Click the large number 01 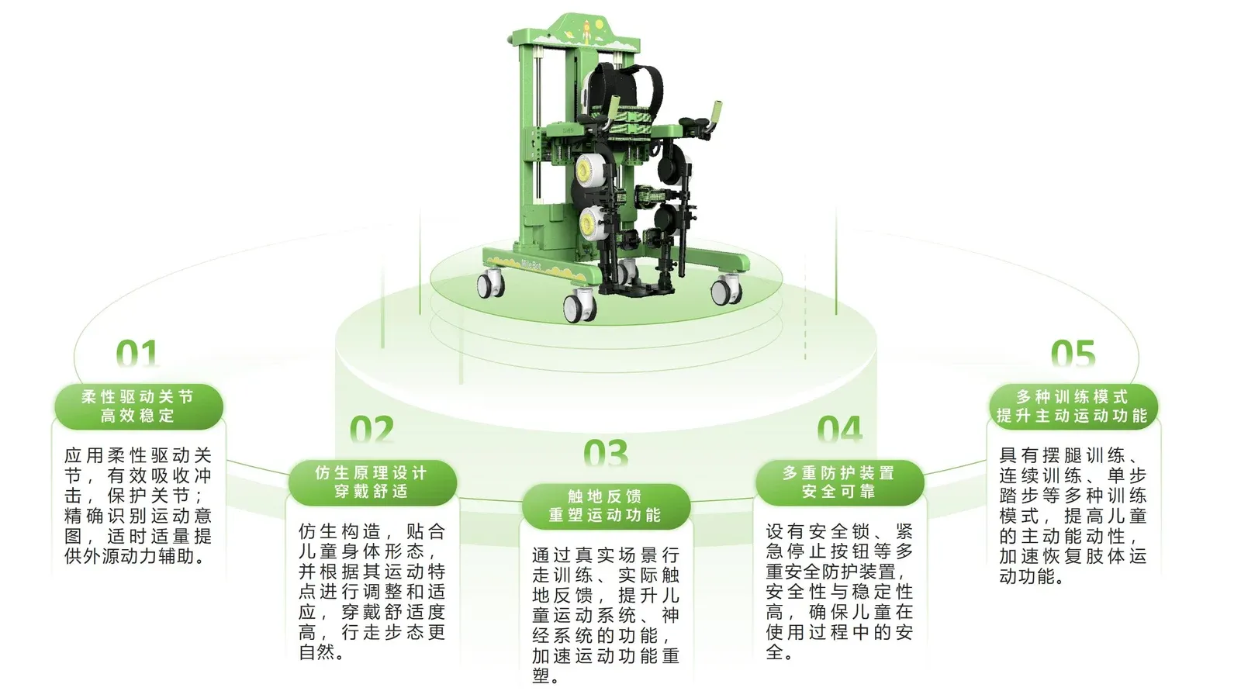tap(137, 354)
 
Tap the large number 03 tap(606, 453)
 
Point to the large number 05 tap(1073, 354)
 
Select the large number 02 tap(372, 430)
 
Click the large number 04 tap(839, 430)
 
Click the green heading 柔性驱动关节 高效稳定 tap(138, 406)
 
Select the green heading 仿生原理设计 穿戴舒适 tap(372, 482)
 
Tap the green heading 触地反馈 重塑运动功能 tap(606, 506)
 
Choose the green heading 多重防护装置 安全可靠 tap(839, 482)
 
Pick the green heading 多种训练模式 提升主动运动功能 tap(1073, 406)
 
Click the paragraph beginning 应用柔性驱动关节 tap(138, 506)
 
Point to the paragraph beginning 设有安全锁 tap(839, 592)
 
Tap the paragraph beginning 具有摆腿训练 tap(1073, 516)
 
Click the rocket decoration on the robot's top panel tap(586, 32)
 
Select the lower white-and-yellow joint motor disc tap(589, 223)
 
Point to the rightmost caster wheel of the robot tap(726, 290)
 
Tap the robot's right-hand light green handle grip tap(717, 113)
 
